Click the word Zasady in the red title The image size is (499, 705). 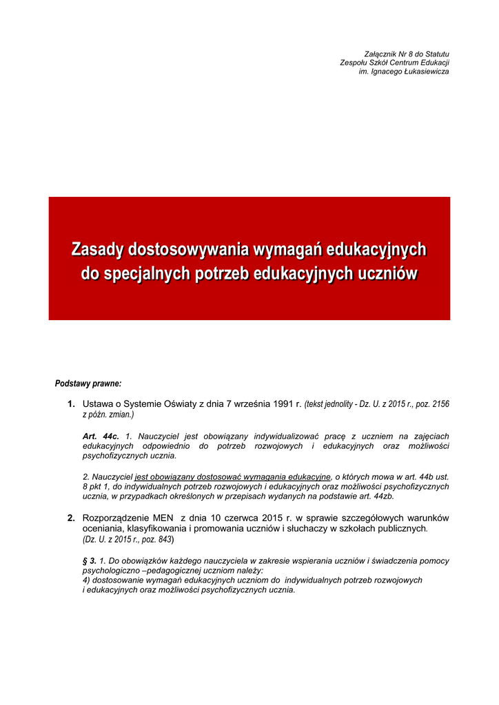pyautogui.click(x=99, y=249)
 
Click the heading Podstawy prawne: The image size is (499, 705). pyautogui.click(x=88, y=383)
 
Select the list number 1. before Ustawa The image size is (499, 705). pyautogui.click(x=71, y=404)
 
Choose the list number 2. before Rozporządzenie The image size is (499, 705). pyautogui.click(x=71, y=518)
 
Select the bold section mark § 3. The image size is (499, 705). pyautogui.click(x=89, y=561)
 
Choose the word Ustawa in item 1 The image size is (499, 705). pyautogui.click(x=99, y=404)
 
